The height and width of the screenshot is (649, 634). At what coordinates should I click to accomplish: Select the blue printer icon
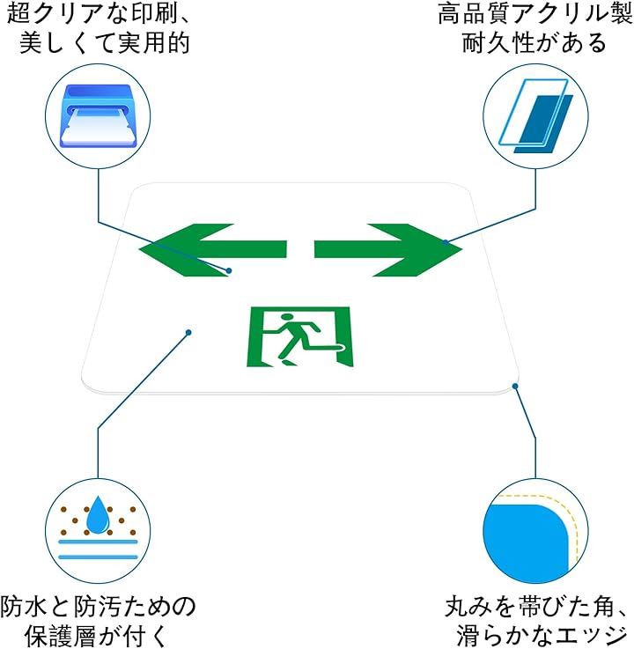pos(100,114)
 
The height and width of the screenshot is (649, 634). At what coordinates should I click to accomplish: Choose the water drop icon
pos(99,527)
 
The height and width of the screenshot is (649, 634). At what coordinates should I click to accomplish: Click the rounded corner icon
pos(534,531)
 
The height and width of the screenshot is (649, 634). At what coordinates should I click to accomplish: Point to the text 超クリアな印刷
pos(97,15)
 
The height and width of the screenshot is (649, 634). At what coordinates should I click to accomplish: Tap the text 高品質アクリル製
pos(534,15)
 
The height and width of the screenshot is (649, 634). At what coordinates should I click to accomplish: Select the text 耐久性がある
pos(534,43)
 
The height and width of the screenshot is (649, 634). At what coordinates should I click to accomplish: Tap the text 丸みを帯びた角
pos(535,606)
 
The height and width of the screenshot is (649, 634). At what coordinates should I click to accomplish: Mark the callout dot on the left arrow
pos(229,270)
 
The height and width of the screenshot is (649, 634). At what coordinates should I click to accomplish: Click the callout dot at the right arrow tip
pos(446,241)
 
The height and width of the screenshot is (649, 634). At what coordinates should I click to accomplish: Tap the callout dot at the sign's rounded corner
pos(516,385)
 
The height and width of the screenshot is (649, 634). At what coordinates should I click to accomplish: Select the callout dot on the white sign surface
pos(188,332)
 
